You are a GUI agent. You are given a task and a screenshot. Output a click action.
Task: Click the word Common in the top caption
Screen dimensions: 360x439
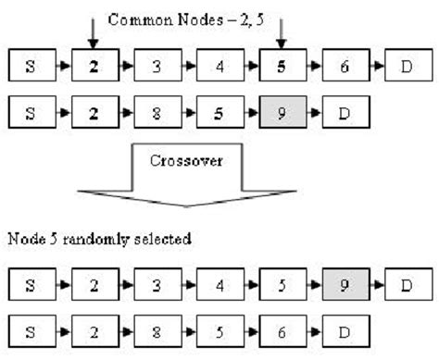click(x=135, y=18)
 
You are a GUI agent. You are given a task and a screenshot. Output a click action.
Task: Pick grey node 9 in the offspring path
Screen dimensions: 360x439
click(x=345, y=285)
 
